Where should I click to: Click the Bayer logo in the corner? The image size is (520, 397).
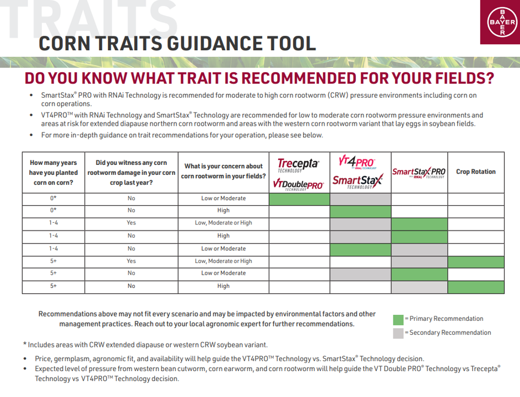pyautogui.click(x=502, y=22)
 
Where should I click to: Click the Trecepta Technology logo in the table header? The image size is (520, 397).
pyautogui.click(x=298, y=165)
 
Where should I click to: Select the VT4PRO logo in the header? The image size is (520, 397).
pyautogui.click(x=357, y=162)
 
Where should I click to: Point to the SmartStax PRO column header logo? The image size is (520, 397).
pyautogui.click(x=419, y=172)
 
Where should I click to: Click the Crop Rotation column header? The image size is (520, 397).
pyautogui.click(x=475, y=171)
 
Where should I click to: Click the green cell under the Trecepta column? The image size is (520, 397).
pyautogui.click(x=299, y=199)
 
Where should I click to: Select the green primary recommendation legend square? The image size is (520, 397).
pyautogui.click(x=398, y=320)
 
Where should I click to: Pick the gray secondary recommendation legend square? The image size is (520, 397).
pyautogui.click(x=398, y=333)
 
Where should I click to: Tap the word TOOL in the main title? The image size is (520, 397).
pyautogui.click(x=291, y=44)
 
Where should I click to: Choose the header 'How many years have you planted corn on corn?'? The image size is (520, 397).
pyautogui.click(x=53, y=173)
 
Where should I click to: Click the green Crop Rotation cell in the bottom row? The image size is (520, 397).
pyautogui.click(x=476, y=287)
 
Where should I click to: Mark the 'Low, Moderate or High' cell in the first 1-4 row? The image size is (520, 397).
pyautogui.click(x=224, y=223)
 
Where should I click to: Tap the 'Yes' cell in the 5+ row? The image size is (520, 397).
pyautogui.click(x=131, y=261)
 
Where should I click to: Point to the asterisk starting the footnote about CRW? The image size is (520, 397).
pyautogui.click(x=25, y=344)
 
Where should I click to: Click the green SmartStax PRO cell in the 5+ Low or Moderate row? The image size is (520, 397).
pyautogui.click(x=419, y=275)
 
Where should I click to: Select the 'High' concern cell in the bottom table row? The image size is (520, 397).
pyautogui.click(x=224, y=286)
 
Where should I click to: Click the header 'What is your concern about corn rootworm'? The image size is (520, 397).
pyautogui.click(x=224, y=171)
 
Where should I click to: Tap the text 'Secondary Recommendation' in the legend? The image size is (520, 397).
pyautogui.click(x=450, y=332)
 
